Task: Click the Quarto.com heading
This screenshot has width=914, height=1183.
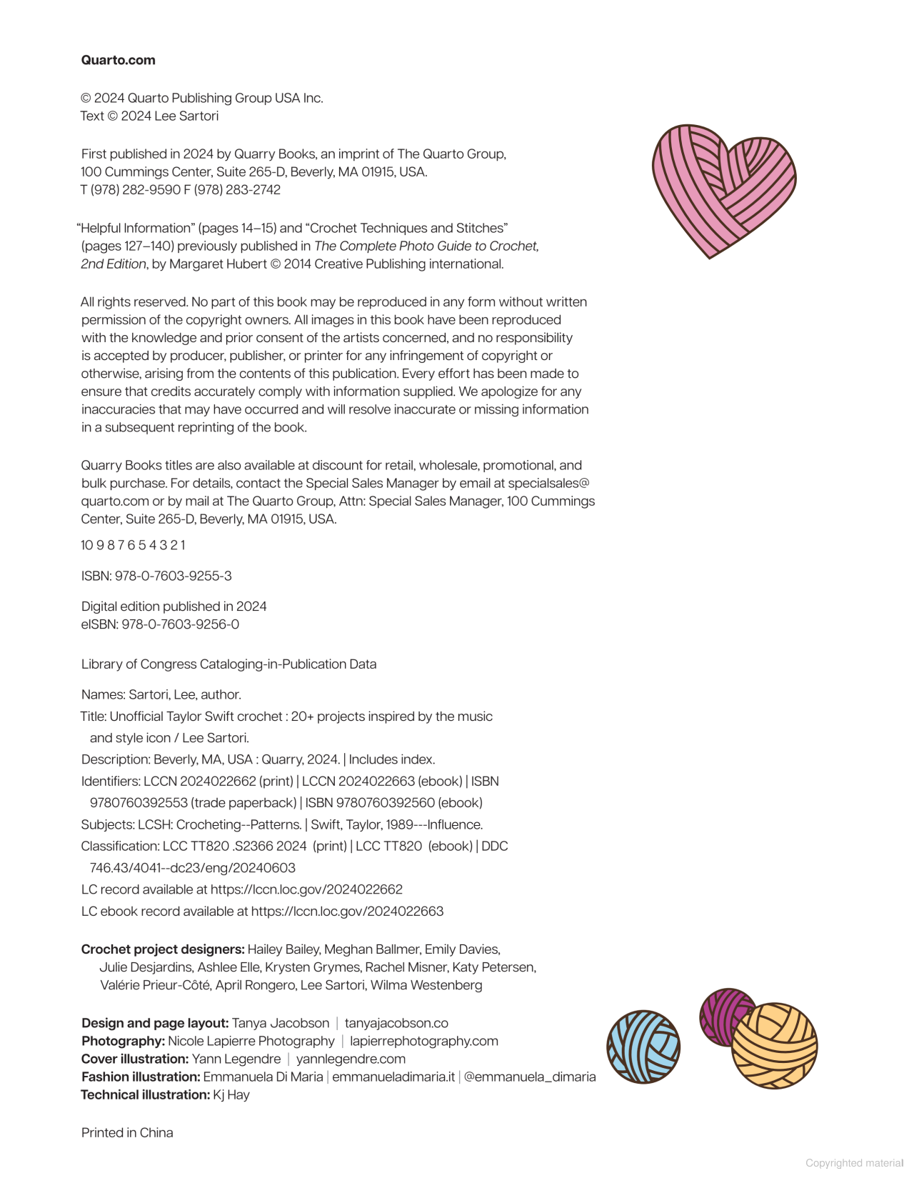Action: tap(118, 60)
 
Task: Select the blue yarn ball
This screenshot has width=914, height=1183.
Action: tap(643, 1047)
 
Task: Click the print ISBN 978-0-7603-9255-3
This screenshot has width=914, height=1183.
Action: tap(173, 576)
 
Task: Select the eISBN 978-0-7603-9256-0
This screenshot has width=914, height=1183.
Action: tap(180, 624)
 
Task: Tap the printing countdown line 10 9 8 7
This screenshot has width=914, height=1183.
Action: tap(133, 545)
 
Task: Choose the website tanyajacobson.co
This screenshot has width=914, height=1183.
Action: tap(396, 1023)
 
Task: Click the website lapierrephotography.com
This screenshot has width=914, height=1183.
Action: tap(424, 1041)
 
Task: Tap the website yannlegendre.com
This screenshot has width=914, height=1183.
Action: tap(351, 1059)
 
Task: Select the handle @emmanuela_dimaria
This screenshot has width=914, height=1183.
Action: tap(530, 1077)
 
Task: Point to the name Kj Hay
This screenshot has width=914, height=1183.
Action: tap(231, 1094)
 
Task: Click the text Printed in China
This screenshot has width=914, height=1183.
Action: tap(127, 1132)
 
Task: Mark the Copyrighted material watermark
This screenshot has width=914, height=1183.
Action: tap(854, 1163)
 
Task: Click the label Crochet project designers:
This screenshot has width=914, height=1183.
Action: tap(163, 949)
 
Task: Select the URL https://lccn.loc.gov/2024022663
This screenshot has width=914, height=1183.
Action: tap(347, 911)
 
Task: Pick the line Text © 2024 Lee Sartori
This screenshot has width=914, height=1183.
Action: tap(149, 116)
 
